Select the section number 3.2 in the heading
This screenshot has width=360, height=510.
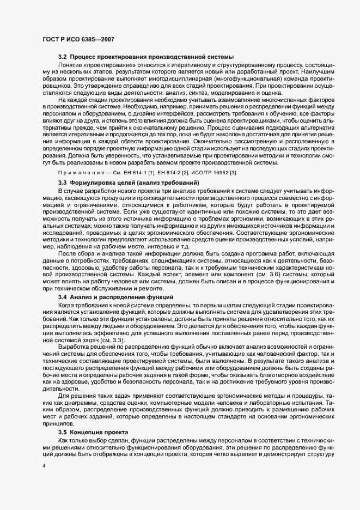click(x=63, y=57)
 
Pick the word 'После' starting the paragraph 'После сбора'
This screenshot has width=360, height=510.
click(x=67, y=253)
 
